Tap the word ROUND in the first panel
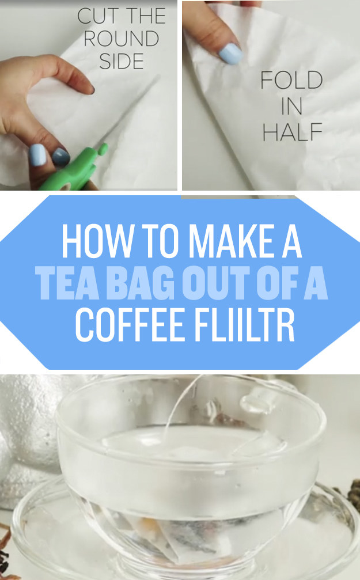[122, 39]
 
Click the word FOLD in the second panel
[291, 80]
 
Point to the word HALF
[292, 132]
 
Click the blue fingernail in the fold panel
[230, 54]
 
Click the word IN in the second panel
[292, 106]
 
